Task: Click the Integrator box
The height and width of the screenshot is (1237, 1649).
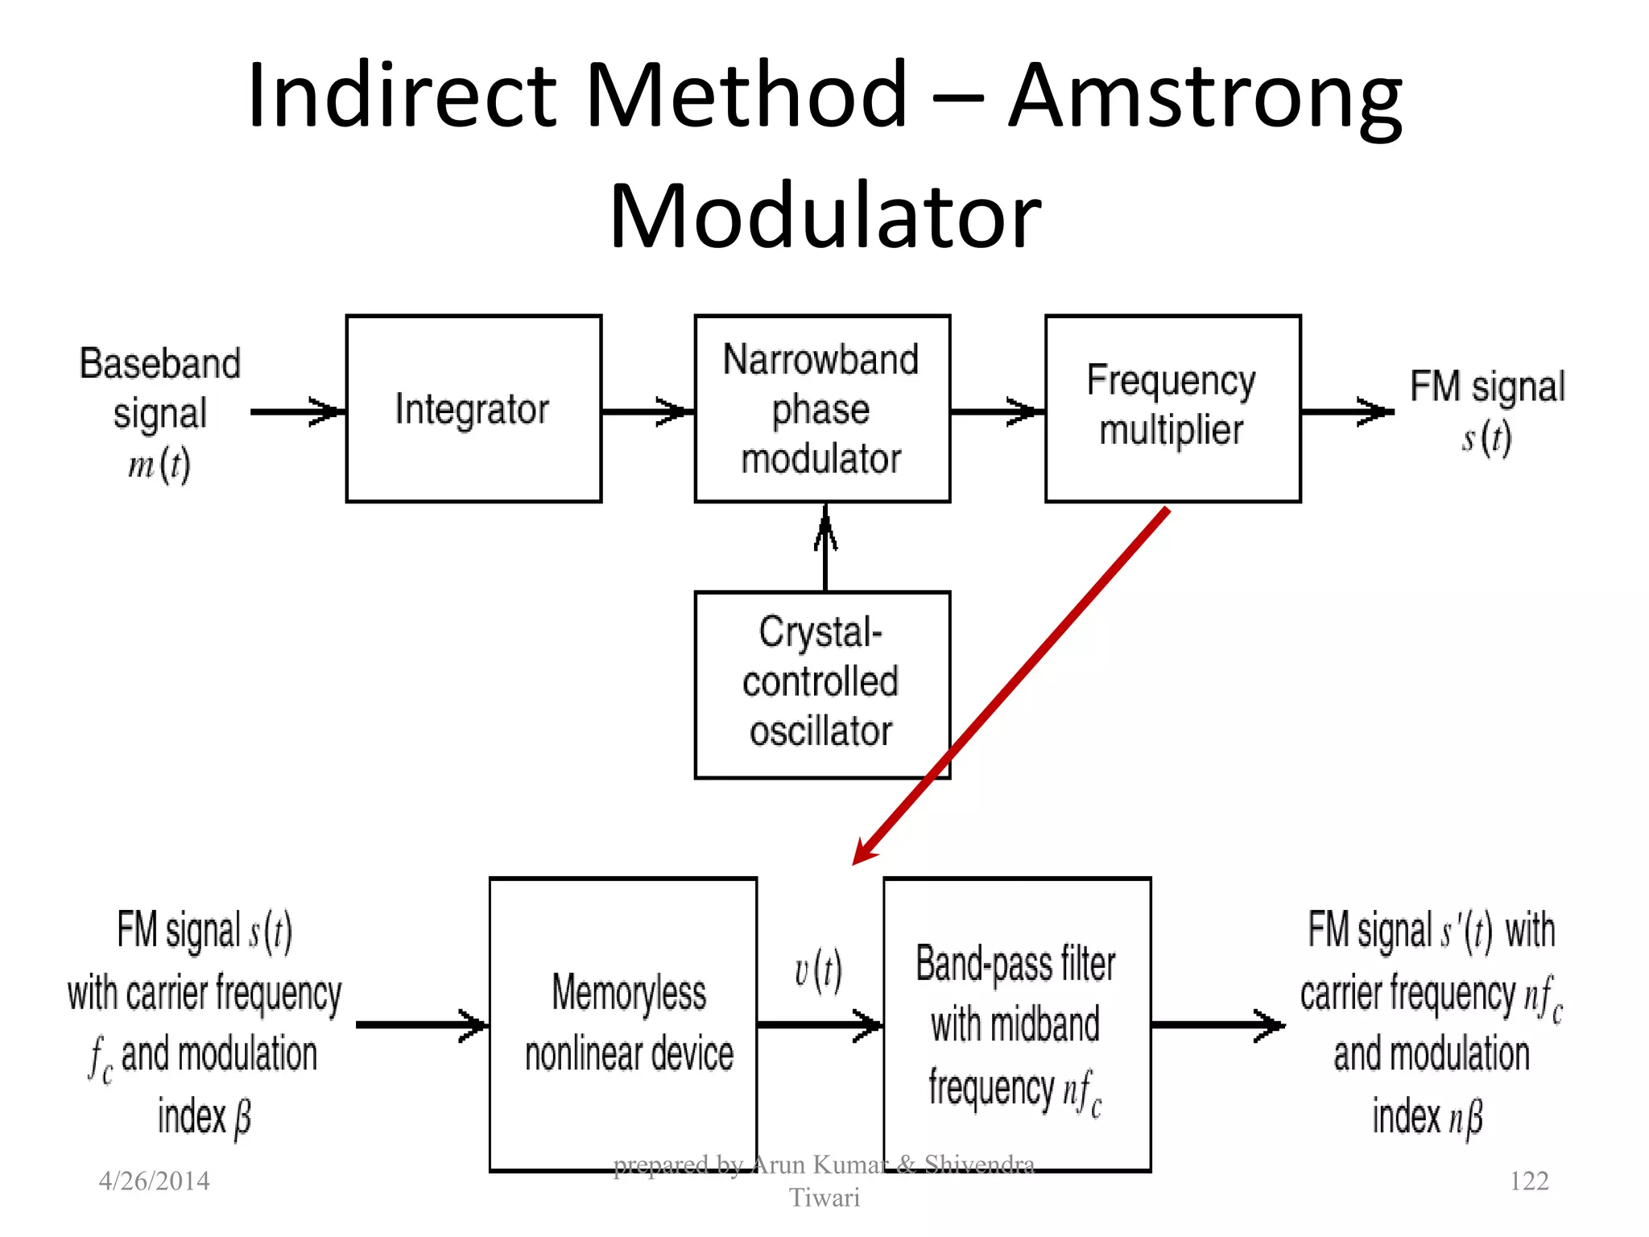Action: pos(473,409)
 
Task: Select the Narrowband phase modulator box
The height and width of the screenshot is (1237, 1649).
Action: pos(822,409)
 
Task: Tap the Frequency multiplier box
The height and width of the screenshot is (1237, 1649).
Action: pos(1172,409)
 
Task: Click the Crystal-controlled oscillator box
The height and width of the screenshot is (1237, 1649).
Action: pos(822,685)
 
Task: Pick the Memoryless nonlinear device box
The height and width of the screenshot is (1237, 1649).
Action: pos(623,1024)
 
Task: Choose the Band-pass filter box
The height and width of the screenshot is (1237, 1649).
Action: pos(1017,1024)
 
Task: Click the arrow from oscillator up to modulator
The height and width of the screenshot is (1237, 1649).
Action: pos(825,548)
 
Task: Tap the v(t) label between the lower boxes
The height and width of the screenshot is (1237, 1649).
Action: pos(818,971)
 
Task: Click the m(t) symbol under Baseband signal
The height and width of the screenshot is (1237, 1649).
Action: pos(159,465)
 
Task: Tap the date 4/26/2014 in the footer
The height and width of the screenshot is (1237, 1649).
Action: pos(154,1181)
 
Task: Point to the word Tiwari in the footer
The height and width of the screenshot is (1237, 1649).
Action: pos(824,1198)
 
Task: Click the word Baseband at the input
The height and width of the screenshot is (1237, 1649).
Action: pos(159,364)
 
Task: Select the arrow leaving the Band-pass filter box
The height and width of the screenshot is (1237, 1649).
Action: pos(1217,1025)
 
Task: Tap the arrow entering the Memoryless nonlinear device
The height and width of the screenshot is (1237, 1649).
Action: pos(422,1025)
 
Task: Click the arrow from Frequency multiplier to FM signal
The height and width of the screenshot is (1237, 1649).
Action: pos(1346,412)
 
